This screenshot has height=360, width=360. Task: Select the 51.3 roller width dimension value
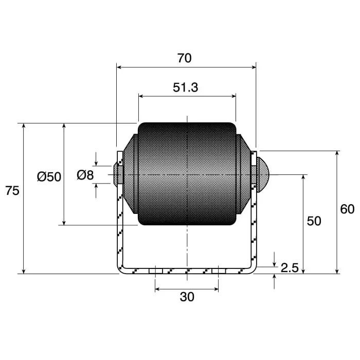coord(185,87)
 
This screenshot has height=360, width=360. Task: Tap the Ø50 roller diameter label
coord(49,177)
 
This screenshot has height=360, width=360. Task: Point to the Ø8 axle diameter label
coord(85,175)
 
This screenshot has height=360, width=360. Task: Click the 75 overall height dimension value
coord(12,191)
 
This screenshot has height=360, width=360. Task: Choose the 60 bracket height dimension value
coord(347,209)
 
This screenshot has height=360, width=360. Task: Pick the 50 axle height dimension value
coord(314,221)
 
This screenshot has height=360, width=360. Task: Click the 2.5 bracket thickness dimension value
coord(290,267)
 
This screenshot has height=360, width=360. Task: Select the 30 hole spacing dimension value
coord(187,297)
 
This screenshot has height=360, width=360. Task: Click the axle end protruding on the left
coord(115,174)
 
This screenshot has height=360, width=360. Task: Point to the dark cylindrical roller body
coord(187,174)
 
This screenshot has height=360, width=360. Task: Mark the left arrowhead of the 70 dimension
coord(120,67)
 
